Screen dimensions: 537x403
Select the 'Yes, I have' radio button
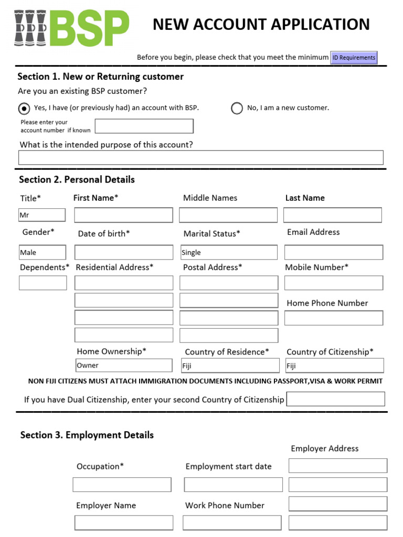point(24,108)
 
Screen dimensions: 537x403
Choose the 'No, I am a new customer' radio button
point(237,108)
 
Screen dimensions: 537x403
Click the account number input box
point(144,126)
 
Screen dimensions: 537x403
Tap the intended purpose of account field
point(200,157)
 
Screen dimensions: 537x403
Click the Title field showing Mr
point(42,215)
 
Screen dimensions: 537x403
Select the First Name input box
point(123,215)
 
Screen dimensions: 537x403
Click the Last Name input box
point(332,215)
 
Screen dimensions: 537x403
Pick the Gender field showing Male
point(43,252)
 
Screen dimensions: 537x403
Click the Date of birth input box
point(123,252)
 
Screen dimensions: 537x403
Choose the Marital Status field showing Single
point(229,252)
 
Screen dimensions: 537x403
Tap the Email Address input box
point(333,252)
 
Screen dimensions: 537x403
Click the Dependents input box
point(43,283)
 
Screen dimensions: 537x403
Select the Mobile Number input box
point(333,283)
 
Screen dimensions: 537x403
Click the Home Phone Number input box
point(333,318)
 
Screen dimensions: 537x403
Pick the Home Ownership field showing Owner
point(123,365)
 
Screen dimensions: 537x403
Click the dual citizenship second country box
point(335,399)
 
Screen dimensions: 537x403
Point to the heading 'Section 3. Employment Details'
point(87,435)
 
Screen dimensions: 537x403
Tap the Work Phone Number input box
point(232,523)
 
